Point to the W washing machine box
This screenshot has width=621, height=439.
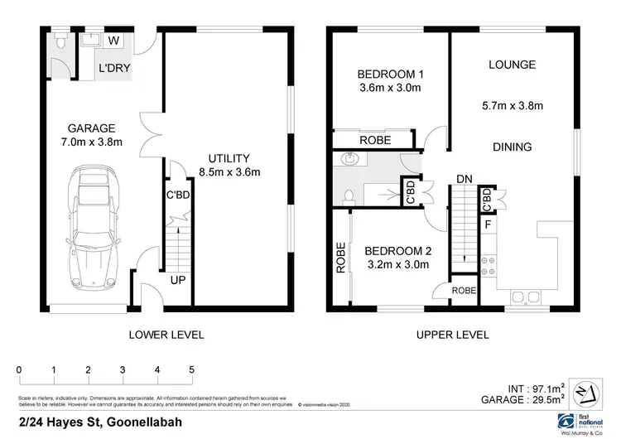click(x=113, y=41)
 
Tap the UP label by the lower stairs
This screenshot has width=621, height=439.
click(x=177, y=280)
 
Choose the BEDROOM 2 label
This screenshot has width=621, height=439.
click(x=397, y=258)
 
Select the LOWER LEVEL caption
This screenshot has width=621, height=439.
click(x=166, y=335)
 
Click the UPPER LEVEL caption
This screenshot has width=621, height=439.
click(x=451, y=335)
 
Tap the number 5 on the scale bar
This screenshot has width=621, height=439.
click(x=191, y=369)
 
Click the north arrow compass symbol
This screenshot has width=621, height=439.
click(x=585, y=391)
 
